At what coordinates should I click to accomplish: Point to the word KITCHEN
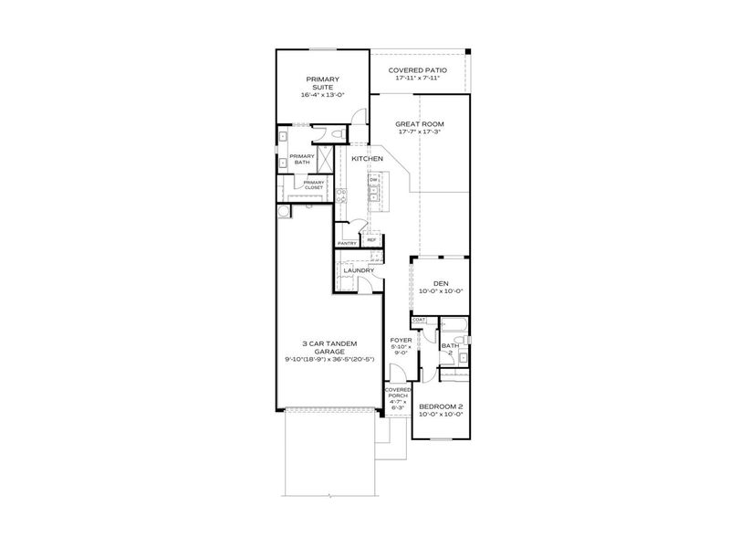(x=368, y=159)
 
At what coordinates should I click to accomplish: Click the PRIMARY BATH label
(x=301, y=160)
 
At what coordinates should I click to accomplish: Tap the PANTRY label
(x=347, y=243)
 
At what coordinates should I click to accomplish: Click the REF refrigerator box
(x=371, y=240)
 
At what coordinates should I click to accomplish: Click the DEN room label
(x=441, y=284)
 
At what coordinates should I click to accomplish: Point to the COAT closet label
(x=419, y=320)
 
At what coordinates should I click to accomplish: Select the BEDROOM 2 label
(x=442, y=407)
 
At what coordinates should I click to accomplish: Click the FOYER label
(x=401, y=341)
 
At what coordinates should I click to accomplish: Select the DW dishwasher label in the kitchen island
(x=374, y=179)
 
